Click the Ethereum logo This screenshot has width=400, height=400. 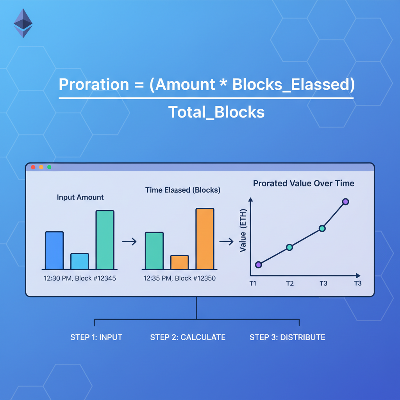pyautogui.click(x=23, y=23)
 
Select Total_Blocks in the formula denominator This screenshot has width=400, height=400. pyautogui.click(x=216, y=112)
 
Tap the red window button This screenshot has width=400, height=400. pyautogui.click(x=33, y=167)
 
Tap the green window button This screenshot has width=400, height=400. pyautogui.click(x=49, y=167)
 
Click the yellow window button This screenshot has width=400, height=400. pyautogui.click(x=41, y=167)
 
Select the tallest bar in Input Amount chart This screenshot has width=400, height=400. pyautogui.click(x=105, y=240)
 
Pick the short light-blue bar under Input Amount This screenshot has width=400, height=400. pyautogui.click(x=79, y=261)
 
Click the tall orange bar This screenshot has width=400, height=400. pyautogui.click(x=205, y=239)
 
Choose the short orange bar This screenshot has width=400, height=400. pyautogui.click(x=179, y=262)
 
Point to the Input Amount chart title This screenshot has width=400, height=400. pyautogui.click(x=80, y=197)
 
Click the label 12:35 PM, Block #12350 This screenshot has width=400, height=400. pyautogui.click(x=179, y=279)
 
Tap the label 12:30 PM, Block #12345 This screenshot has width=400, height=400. pyautogui.click(x=80, y=279)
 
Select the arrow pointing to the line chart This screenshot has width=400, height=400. pyautogui.click(x=226, y=242)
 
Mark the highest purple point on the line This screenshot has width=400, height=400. pyautogui.click(x=345, y=202)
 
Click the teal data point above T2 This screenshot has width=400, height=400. pyautogui.click(x=289, y=247)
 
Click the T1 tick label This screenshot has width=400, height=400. pyautogui.click(x=253, y=283)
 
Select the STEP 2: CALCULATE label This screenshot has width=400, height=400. pyautogui.click(x=187, y=337)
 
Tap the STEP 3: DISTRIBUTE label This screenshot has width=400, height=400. pyautogui.click(x=287, y=337)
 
